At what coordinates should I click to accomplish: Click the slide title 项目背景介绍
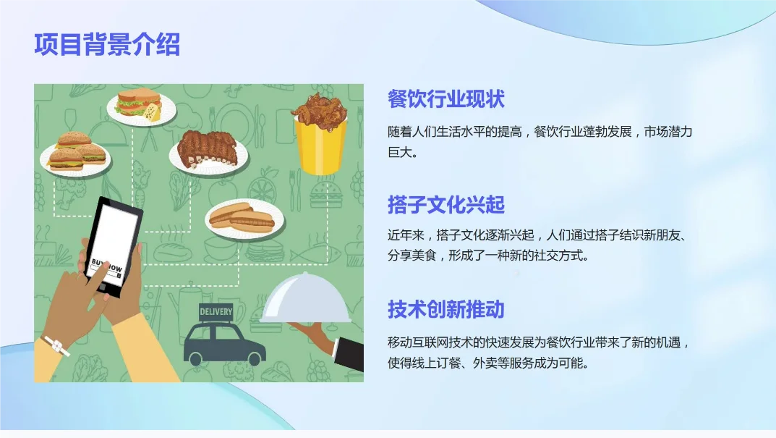(x=107, y=45)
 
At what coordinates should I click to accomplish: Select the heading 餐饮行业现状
(x=445, y=99)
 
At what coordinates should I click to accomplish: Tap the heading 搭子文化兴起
(x=445, y=205)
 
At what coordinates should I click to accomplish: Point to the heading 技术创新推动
(x=445, y=310)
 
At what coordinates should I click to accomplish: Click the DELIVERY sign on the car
(x=216, y=312)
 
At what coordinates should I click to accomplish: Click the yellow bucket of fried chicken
(x=320, y=145)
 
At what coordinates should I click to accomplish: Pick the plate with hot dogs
(x=242, y=218)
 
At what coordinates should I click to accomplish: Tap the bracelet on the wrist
(x=56, y=347)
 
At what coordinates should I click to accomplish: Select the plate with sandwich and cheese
(x=141, y=106)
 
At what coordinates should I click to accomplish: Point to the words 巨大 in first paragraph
(x=399, y=153)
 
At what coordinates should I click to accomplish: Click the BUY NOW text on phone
(x=107, y=266)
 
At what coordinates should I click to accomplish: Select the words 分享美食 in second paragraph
(x=412, y=256)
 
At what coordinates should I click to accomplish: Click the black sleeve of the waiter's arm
(x=351, y=353)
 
